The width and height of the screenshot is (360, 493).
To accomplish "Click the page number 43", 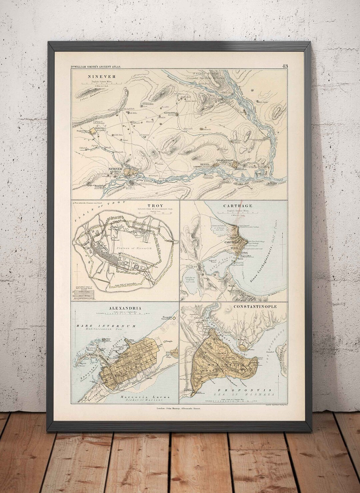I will click(x=285, y=66).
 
